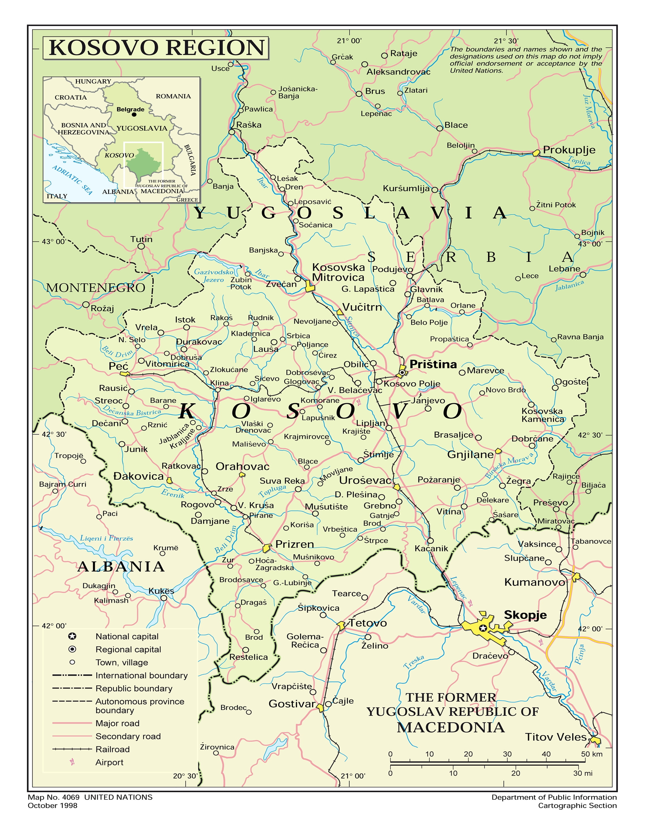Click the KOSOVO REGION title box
coord(156,48)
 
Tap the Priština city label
coord(433,364)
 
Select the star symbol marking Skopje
coord(483,628)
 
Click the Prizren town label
coord(294,544)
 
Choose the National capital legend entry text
coord(127,636)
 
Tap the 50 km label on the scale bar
coord(592,754)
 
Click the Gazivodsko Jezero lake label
coord(214,276)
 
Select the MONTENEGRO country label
coord(95,288)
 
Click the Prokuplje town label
coord(569,150)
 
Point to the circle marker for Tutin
coord(141,246)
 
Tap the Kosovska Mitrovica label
coord(338,272)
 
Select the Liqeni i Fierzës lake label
coord(106,538)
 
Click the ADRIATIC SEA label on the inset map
coord(72,180)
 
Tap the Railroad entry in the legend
coord(113,749)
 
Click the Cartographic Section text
coord(577,806)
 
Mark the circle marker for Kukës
coord(164,598)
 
